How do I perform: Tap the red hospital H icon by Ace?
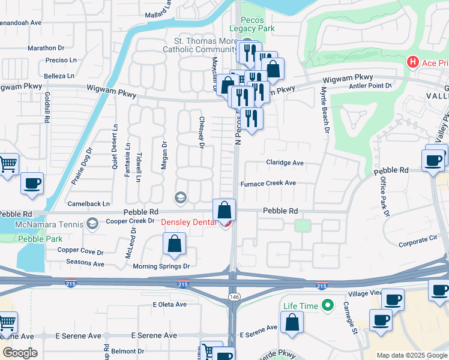point(412,62)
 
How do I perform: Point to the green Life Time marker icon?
point(327,306)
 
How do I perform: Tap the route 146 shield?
point(233,298)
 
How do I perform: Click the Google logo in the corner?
point(20,353)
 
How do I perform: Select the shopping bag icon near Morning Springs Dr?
point(174,244)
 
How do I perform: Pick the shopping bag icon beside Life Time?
point(292,322)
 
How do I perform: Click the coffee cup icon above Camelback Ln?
point(32,182)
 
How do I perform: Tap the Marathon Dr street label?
point(46,47)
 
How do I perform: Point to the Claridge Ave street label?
point(285,163)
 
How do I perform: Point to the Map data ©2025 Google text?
point(411,355)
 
